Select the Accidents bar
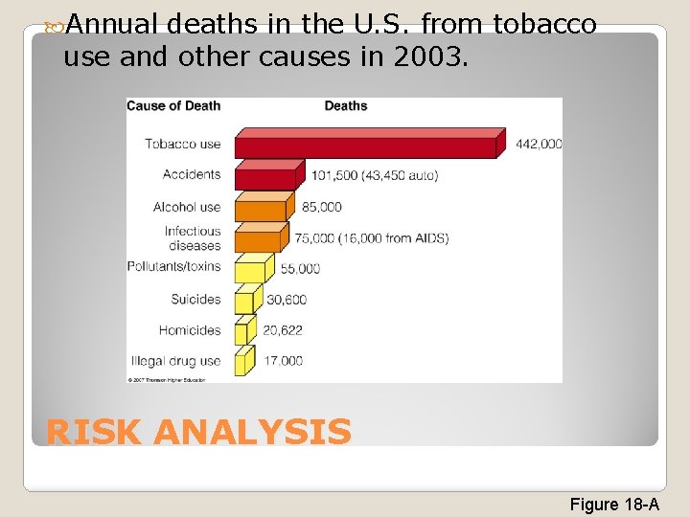[269, 175]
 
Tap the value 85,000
[321, 207]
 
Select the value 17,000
[283, 361]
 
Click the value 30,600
[287, 300]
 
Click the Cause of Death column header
[173, 105]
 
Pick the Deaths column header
[346, 105]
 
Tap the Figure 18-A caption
[614, 504]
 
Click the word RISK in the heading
[93, 433]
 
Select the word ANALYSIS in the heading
[252, 433]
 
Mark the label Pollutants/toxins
[173, 266]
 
